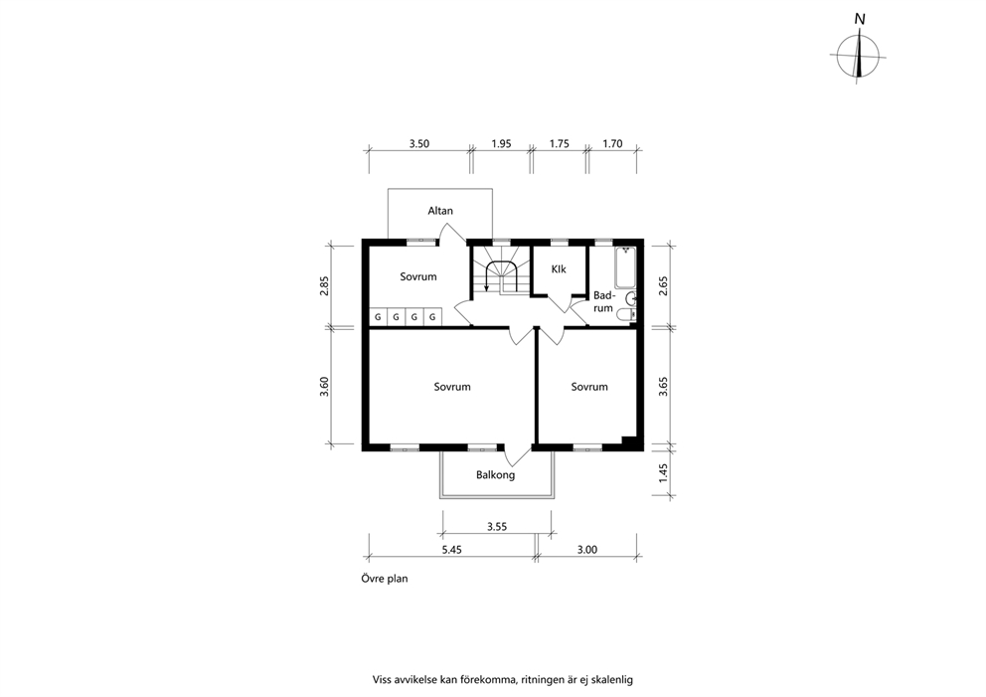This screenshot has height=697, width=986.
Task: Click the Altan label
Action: (440, 211)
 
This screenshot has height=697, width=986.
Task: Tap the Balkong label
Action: (496, 475)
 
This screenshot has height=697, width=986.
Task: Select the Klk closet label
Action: (559, 269)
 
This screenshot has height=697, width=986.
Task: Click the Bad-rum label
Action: (603, 302)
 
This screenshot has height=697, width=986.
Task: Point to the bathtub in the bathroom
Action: (625, 267)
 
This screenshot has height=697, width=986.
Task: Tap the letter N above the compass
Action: (860, 20)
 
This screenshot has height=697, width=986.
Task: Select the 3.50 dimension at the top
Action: (419, 144)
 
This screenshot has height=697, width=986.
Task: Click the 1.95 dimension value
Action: (501, 144)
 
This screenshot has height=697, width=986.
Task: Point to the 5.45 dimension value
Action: (451, 550)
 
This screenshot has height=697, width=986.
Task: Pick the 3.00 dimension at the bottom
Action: (587, 550)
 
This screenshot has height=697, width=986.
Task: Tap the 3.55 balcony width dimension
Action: (497, 527)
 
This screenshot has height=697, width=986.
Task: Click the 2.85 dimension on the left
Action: (324, 285)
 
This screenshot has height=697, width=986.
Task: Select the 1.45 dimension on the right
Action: (663, 473)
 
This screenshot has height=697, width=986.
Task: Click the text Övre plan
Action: (385, 579)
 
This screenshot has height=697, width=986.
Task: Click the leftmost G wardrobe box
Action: (378, 317)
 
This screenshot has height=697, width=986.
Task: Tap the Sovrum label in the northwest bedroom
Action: (418, 276)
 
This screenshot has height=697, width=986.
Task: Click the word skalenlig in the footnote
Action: (612, 680)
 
